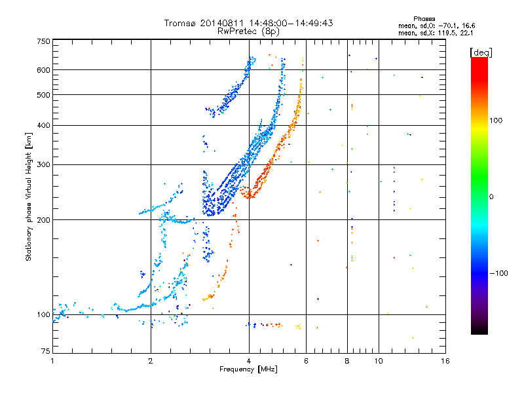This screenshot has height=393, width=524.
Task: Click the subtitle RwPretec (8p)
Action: pos(248,31)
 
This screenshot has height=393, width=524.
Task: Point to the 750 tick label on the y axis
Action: pos(44,41)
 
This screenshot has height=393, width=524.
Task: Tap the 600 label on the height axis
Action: pos(44,70)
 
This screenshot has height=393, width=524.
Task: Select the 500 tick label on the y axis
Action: pos(44,95)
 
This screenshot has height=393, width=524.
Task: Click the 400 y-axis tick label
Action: pos(44,125)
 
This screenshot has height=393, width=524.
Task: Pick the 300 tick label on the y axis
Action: pos(44,164)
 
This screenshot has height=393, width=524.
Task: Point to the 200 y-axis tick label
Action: pos(44,220)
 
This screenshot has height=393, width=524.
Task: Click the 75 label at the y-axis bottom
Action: pos(46,351)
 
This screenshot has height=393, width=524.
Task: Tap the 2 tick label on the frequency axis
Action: pos(151,361)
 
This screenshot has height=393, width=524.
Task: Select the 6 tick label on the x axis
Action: pos(306,361)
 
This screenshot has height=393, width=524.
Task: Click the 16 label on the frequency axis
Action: pos(445,361)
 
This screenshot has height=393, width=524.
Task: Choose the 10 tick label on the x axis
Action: pos(379,361)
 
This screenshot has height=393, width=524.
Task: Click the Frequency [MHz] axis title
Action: pos(248,369)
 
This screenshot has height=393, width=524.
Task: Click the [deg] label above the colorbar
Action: pos(481,52)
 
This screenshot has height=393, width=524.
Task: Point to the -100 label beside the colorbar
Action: pos(498,273)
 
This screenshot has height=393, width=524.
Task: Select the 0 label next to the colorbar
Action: pos(491,196)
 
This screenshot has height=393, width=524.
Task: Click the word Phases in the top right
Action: pos(424,19)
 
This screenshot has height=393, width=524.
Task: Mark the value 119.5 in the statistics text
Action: pos(447,33)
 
